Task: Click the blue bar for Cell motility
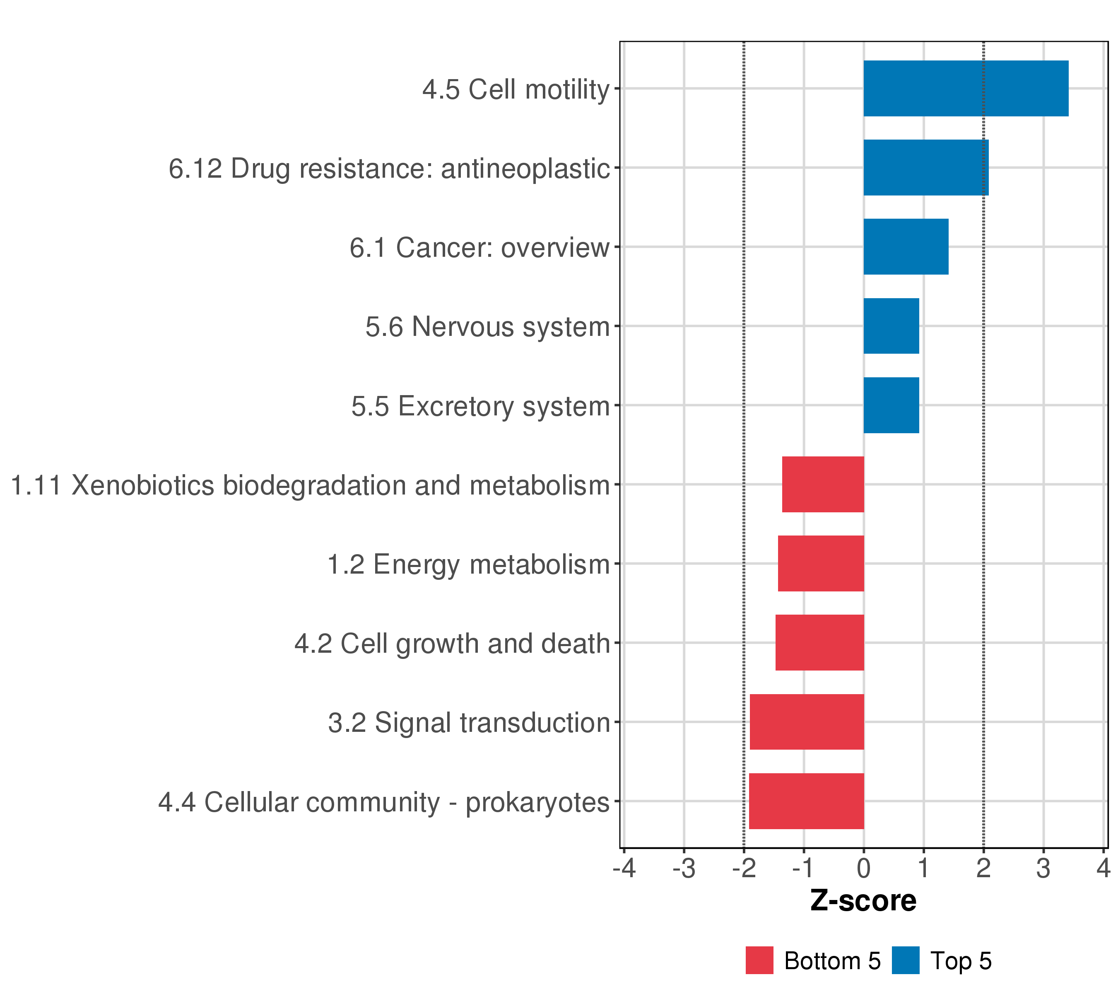click(965, 88)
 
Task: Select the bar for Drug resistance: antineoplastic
click(925, 167)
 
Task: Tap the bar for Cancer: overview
click(906, 247)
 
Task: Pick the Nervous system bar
click(891, 326)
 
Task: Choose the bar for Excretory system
click(891, 405)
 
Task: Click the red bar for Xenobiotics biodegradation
click(823, 484)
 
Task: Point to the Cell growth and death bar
click(819, 643)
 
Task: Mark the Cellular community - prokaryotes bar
click(806, 801)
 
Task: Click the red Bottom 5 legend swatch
click(759, 960)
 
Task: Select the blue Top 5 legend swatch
click(905, 960)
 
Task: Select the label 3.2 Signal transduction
click(469, 723)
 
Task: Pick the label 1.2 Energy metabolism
click(468, 565)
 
